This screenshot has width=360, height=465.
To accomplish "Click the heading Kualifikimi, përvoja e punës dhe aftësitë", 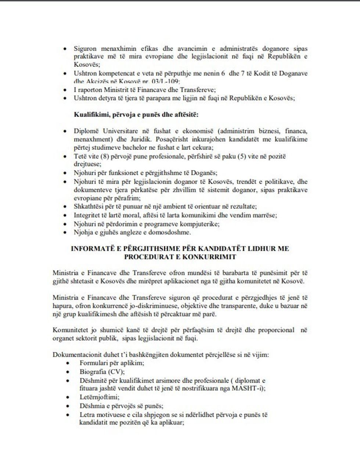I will click(x=136, y=115).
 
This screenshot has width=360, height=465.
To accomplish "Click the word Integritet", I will click(x=87, y=215).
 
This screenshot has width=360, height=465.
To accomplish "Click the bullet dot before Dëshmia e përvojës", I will click(x=68, y=406).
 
